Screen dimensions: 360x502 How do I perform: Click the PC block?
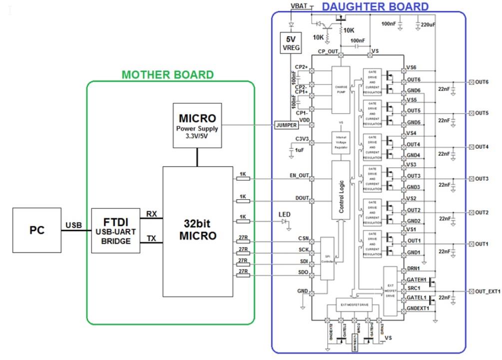[x=37, y=231]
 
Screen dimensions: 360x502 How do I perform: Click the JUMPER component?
[x=286, y=125]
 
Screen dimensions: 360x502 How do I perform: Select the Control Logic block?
[x=341, y=190]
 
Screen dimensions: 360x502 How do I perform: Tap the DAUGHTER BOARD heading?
[x=375, y=6]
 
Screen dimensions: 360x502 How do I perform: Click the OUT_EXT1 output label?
[x=487, y=291]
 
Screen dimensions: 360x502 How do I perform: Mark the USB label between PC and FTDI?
[x=73, y=225]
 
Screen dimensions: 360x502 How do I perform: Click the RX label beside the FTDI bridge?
[x=151, y=214]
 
